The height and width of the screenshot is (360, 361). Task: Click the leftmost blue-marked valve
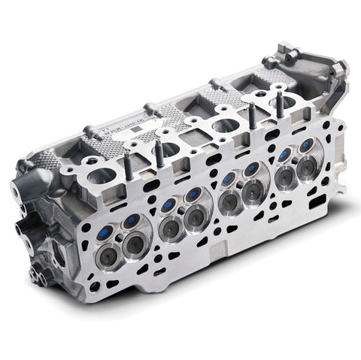pyautogui.click(x=106, y=232)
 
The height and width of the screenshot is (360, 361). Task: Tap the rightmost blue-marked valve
pyautogui.click(x=307, y=145)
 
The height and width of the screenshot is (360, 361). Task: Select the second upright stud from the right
pyautogui.click(x=253, y=116)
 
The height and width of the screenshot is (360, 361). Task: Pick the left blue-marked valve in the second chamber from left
pyautogui.click(x=168, y=205)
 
